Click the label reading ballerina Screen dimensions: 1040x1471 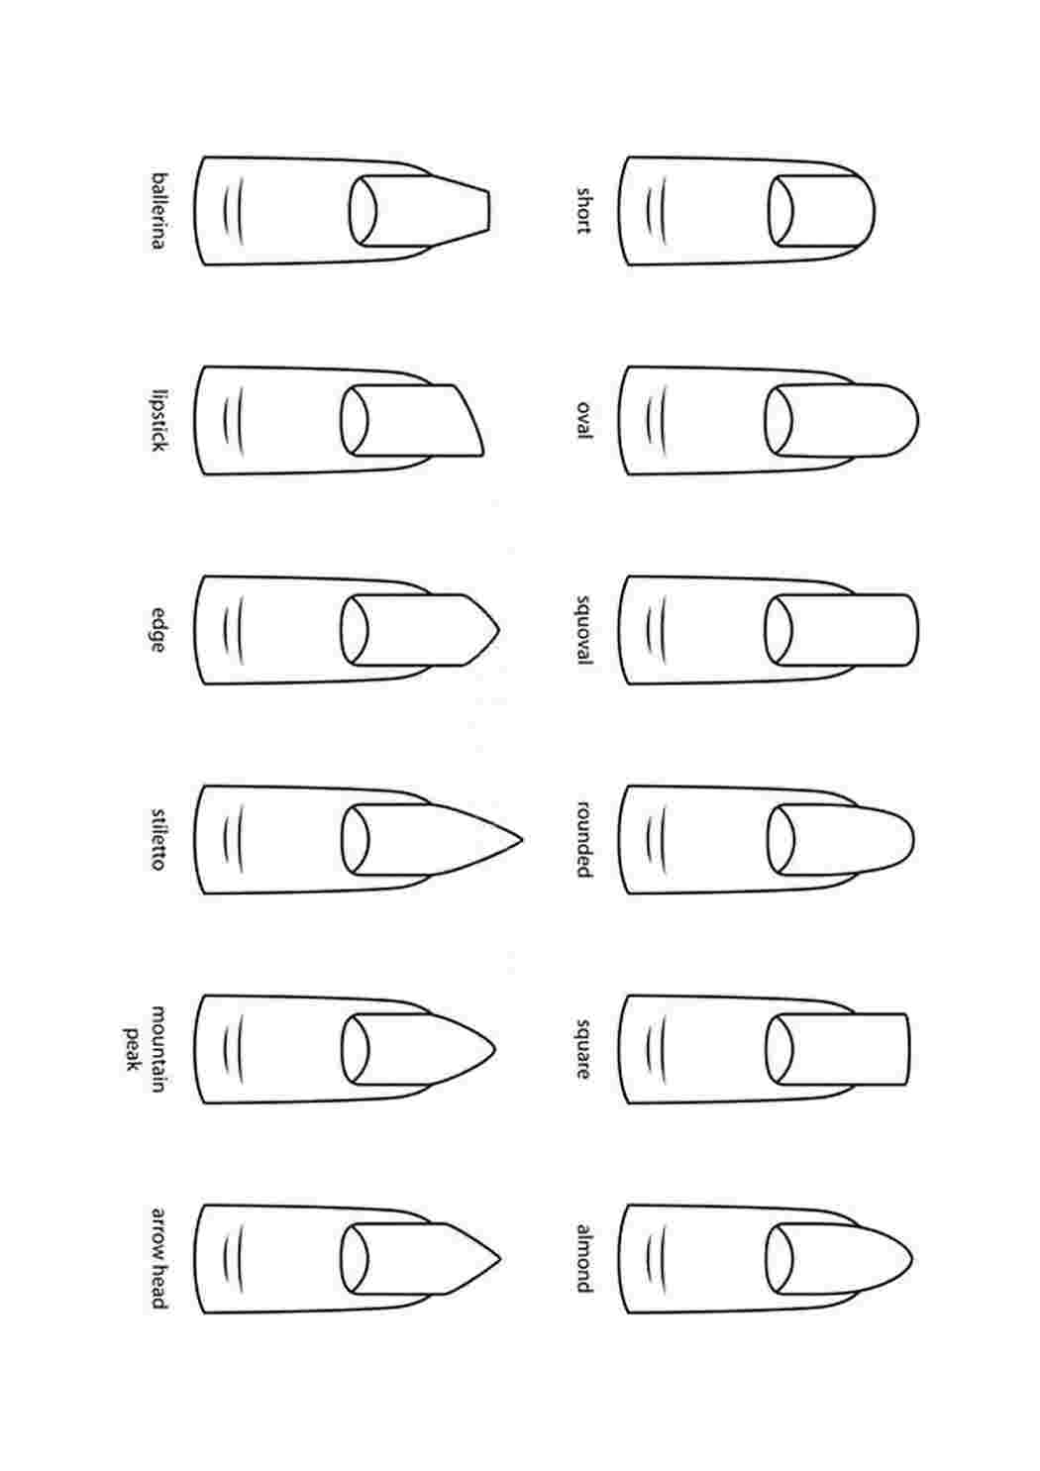point(158,211)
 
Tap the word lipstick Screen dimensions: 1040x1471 point(158,420)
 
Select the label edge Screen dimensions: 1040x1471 point(158,630)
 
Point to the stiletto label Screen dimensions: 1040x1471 point(158,840)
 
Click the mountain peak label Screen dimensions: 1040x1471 point(146,1049)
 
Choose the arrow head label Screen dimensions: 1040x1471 point(158,1259)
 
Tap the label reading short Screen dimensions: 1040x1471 point(583,211)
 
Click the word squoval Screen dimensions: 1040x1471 point(583,630)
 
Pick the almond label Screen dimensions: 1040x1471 point(583,1259)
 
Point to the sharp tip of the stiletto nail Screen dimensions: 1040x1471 point(522,839)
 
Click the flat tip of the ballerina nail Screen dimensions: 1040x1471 point(488,211)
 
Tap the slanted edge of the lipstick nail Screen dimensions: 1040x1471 point(470,419)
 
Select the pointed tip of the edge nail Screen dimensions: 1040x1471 point(499,630)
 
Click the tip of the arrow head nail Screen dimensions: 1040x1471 point(500,1259)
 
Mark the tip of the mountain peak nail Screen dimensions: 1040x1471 point(495,1049)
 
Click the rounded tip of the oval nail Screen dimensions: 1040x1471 point(917,420)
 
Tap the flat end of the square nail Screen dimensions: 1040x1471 point(908,1049)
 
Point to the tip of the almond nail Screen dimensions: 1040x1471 point(912,1259)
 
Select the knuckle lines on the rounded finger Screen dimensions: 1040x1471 point(658,840)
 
